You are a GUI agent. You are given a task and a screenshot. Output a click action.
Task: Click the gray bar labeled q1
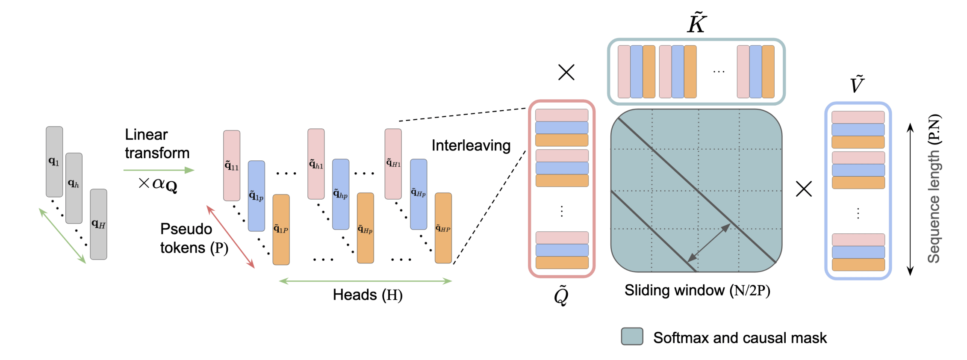click(x=54, y=162)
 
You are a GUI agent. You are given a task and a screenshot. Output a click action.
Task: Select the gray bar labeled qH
click(x=98, y=224)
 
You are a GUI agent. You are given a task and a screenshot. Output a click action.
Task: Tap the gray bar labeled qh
click(x=74, y=188)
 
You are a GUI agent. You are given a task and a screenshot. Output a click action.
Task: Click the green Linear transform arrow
click(x=159, y=170)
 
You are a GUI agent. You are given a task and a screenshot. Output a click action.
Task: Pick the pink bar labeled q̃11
click(x=232, y=165)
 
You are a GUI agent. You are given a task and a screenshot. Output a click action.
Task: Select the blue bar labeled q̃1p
click(x=256, y=196)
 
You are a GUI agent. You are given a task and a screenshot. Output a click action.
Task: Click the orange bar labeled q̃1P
click(x=281, y=229)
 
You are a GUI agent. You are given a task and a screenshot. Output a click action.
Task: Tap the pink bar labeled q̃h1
click(x=316, y=164)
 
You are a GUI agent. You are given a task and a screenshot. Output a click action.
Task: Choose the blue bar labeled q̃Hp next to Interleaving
click(x=419, y=194)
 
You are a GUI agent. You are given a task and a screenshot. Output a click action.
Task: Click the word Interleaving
click(x=471, y=146)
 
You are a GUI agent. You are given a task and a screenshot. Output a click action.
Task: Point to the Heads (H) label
click(x=368, y=295)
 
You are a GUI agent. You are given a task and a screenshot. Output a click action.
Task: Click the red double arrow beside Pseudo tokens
click(x=230, y=237)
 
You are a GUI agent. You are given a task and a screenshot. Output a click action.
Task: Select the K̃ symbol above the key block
click(x=696, y=24)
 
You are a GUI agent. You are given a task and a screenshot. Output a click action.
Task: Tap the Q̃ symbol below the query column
click(x=561, y=295)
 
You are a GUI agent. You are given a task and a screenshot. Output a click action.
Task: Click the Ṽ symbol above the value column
click(x=857, y=84)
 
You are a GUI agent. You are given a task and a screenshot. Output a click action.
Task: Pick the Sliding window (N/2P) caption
click(x=697, y=291)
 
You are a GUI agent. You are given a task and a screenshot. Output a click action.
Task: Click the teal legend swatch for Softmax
click(x=632, y=336)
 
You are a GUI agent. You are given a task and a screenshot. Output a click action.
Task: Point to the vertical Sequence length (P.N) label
click(x=934, y=188)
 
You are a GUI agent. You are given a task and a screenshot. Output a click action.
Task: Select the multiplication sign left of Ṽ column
click(x=804, y=189)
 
